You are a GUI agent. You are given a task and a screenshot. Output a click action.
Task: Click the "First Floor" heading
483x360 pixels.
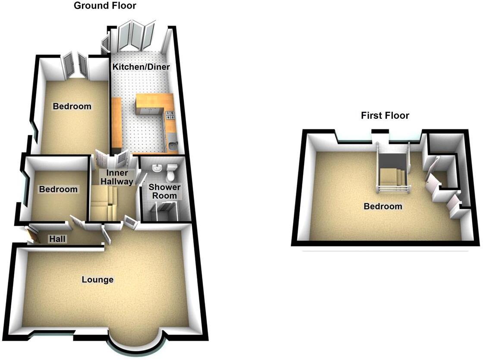(385, 115)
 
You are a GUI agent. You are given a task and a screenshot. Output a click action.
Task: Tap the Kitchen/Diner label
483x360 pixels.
(141, 67)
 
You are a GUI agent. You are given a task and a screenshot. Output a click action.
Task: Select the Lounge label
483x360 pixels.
(98, 280)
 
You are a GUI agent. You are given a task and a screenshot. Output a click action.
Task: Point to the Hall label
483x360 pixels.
(57, 239)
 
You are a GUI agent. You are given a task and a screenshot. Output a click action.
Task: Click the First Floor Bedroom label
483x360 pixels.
(383, 206)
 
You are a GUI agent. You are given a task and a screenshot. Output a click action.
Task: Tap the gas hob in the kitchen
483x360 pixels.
(169, 114)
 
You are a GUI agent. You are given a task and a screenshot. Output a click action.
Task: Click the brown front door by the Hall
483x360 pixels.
(33, 235)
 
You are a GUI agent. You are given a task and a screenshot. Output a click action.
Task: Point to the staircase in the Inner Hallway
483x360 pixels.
(104, 203)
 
